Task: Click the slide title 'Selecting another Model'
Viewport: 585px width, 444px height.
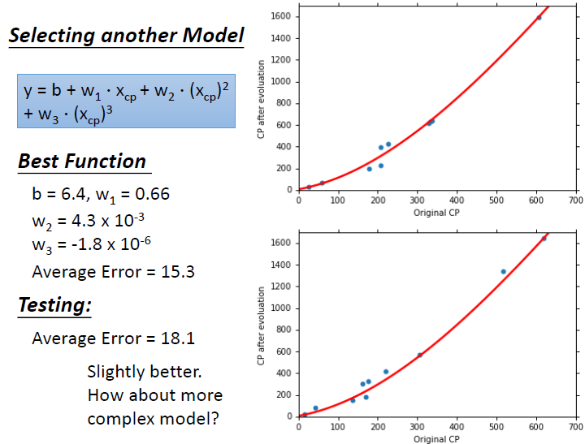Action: (x=126, y=36)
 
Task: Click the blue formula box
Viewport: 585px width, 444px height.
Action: (x=126, y=101)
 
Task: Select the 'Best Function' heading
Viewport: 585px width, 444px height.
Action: (x=82, y=162)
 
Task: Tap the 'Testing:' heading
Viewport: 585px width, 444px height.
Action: (x=55, y=305)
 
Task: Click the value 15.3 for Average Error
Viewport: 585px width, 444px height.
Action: (x=178, y=272)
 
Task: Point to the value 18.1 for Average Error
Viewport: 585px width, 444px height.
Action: (x=178, y=338)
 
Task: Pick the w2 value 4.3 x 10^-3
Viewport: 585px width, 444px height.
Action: (x=108, y=221)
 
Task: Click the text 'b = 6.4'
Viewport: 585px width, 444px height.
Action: (x=59, y=194)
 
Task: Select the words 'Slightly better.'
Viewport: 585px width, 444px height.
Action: (x=145, y=372)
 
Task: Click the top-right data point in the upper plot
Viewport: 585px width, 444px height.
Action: (x=539, y=18)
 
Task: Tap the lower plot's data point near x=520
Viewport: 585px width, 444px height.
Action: (x=503, y=272)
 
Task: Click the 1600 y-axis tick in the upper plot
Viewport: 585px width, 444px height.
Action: (x=280, y=16)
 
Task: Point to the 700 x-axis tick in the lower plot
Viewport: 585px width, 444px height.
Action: (x=576, y=426)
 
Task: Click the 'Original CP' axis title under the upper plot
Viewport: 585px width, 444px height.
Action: (x=436, y=213)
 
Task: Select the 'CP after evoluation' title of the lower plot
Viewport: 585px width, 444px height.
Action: (x=261, y=325)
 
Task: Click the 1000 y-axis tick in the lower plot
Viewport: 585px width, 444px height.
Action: (x=280, y=308)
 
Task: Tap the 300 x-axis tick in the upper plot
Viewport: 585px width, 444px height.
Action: (x=417, y=200)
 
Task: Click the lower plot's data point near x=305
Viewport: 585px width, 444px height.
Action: (x=420, y=356)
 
